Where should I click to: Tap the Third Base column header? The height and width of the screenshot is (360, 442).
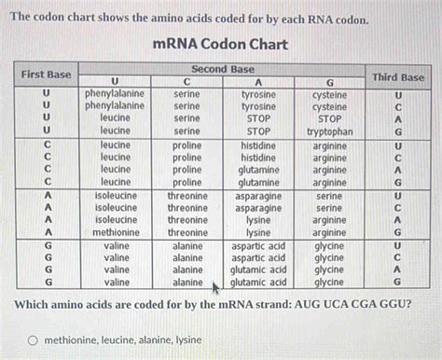[398, 77]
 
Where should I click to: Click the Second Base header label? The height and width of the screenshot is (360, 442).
[222, 69]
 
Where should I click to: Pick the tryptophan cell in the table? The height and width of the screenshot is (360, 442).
[329, 132]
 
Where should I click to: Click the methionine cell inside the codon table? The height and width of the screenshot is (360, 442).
[116, 232]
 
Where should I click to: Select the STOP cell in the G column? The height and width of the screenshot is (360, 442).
[329, 119]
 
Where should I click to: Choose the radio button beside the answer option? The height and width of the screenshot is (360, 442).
[33, 341]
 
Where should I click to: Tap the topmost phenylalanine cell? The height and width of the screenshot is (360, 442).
[114, 94]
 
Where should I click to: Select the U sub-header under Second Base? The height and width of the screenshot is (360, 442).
[116, 82]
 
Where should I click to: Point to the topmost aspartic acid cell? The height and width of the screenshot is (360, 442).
[258, 244]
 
